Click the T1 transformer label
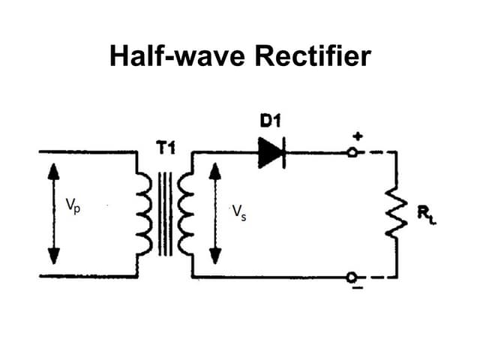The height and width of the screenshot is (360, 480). click(165, 148)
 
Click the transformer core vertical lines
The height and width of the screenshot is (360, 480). click(165, 214)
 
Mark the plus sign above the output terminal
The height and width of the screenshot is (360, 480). click(358, 136)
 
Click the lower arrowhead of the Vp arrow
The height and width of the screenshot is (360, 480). click(52, 256)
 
